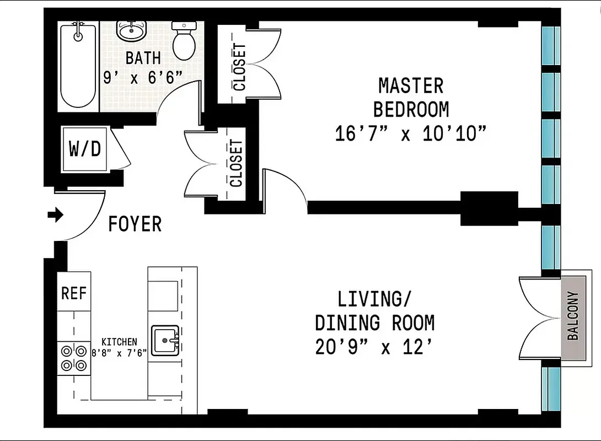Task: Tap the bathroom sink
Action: (131, 31)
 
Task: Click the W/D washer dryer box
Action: (85, 149)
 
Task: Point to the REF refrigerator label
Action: (74, 293)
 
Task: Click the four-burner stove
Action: (74, 357)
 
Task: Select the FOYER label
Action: (135, 224)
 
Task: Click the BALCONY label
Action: (573, 315)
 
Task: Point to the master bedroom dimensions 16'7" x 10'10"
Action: (411, 134)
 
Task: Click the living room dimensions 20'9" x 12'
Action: (373, 347)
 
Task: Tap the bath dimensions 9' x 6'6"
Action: (142, 78)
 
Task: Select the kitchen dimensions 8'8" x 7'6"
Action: (119, 353)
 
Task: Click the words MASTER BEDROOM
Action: (411, 98)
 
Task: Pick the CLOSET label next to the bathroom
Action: (240, 67)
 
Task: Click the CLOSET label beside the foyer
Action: (236, 163)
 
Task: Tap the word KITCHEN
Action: (119, 342)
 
